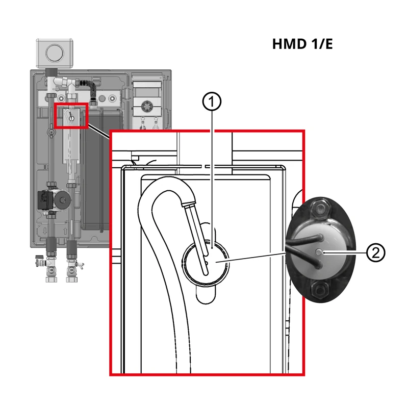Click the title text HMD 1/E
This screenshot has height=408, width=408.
click(302, 44)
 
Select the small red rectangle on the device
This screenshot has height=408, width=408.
click(71, 117)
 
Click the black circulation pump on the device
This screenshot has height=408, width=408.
click(54, 198)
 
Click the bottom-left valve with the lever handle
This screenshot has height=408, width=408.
click(50, 265)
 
